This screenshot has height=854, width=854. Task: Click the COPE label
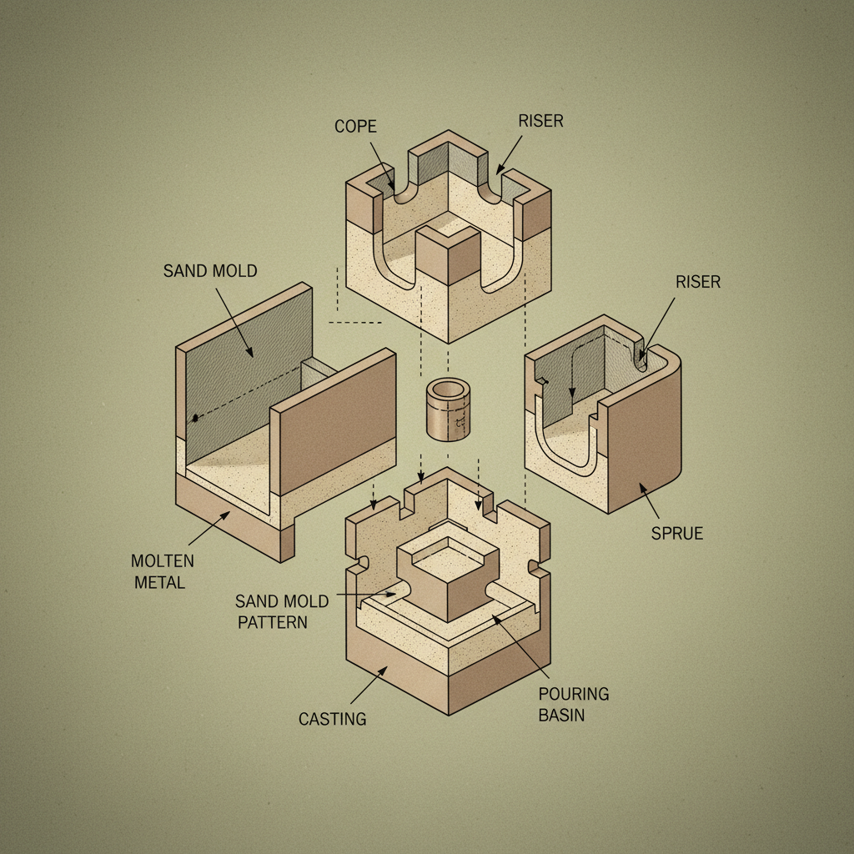tap(355, 127)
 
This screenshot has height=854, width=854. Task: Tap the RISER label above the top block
tap(540, 121)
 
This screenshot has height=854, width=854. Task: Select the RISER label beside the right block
tap(698, 282)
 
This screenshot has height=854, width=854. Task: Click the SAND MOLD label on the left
tap(210, 270)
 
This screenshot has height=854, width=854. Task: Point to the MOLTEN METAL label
tap(159, 570)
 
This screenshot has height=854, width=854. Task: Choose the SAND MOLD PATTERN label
tap(282, 611)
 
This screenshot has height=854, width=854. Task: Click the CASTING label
tap(332, 718)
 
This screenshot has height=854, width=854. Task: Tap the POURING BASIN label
tap(574, 704)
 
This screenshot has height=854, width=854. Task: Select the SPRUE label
tap(677, 533)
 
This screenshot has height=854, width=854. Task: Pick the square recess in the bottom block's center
tap(448, 554)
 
